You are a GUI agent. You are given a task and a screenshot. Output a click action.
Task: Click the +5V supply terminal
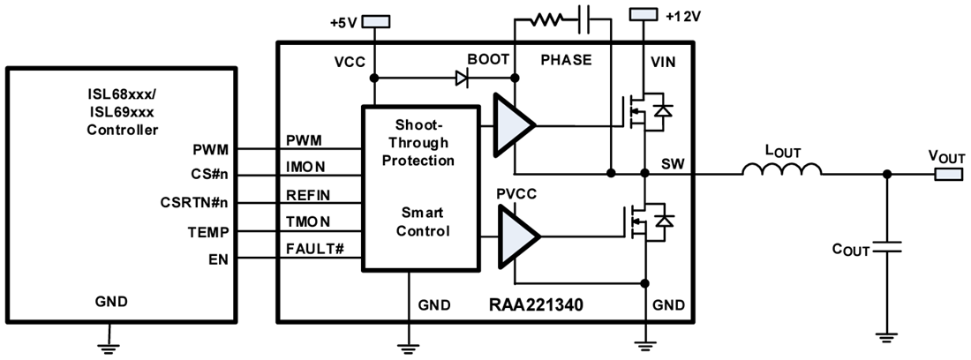376,19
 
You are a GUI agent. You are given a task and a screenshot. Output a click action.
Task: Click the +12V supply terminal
644,15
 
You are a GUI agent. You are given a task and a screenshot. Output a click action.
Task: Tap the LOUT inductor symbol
782,170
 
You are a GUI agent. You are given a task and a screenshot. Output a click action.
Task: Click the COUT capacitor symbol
887,250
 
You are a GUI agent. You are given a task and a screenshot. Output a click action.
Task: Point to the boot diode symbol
460,78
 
